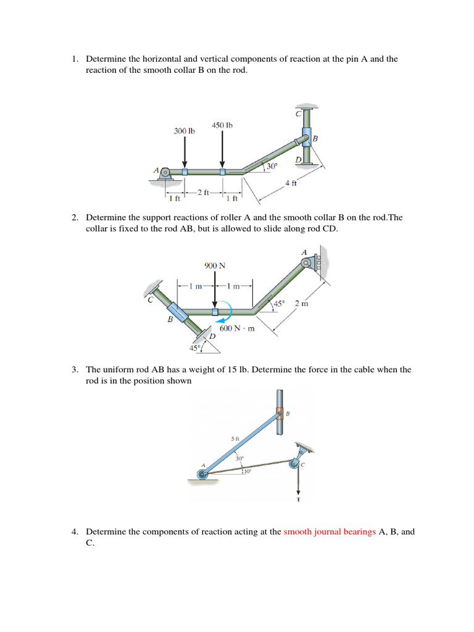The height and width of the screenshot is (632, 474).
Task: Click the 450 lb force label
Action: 222,125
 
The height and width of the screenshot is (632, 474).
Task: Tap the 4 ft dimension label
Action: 291,183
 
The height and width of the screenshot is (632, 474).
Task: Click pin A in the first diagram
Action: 165,172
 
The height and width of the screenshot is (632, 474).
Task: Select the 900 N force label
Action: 215,266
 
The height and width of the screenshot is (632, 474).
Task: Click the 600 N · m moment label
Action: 237,328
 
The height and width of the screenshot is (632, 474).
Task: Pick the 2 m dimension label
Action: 302,304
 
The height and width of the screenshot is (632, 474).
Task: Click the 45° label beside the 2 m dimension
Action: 279,304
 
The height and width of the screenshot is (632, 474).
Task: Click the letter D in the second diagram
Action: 212,336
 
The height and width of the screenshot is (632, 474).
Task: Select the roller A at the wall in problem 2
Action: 307,263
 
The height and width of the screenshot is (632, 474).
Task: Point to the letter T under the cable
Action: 299,499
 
